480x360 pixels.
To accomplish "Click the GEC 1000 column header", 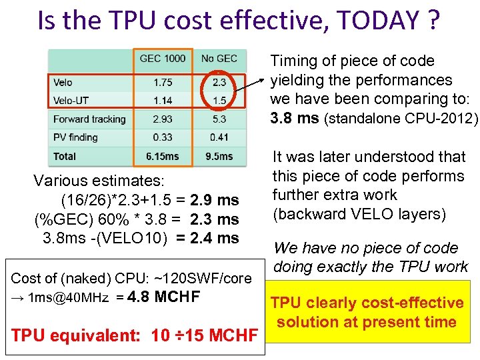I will pos(163,59).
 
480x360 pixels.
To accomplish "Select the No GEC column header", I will pos(219,59).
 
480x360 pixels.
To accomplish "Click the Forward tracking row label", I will pos(89,119).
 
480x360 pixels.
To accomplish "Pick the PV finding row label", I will pos(75,137).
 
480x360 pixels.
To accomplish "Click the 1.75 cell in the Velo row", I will pos(162,83).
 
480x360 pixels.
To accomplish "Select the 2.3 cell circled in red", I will pos(219,83).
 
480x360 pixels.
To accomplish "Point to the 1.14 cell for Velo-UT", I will pos(162,101).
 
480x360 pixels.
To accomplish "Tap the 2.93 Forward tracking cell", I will pos(162,119).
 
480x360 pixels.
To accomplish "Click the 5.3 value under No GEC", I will pos(219,119).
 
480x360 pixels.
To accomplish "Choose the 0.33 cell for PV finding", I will pos(162,137).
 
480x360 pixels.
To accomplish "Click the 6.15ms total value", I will pos(162,156).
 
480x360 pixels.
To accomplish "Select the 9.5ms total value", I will pos(219,156).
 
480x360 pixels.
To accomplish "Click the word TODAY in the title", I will pos(370,21).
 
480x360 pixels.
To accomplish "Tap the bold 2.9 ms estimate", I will pos(214,200).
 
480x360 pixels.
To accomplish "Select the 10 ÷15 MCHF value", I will pos(207,335).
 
